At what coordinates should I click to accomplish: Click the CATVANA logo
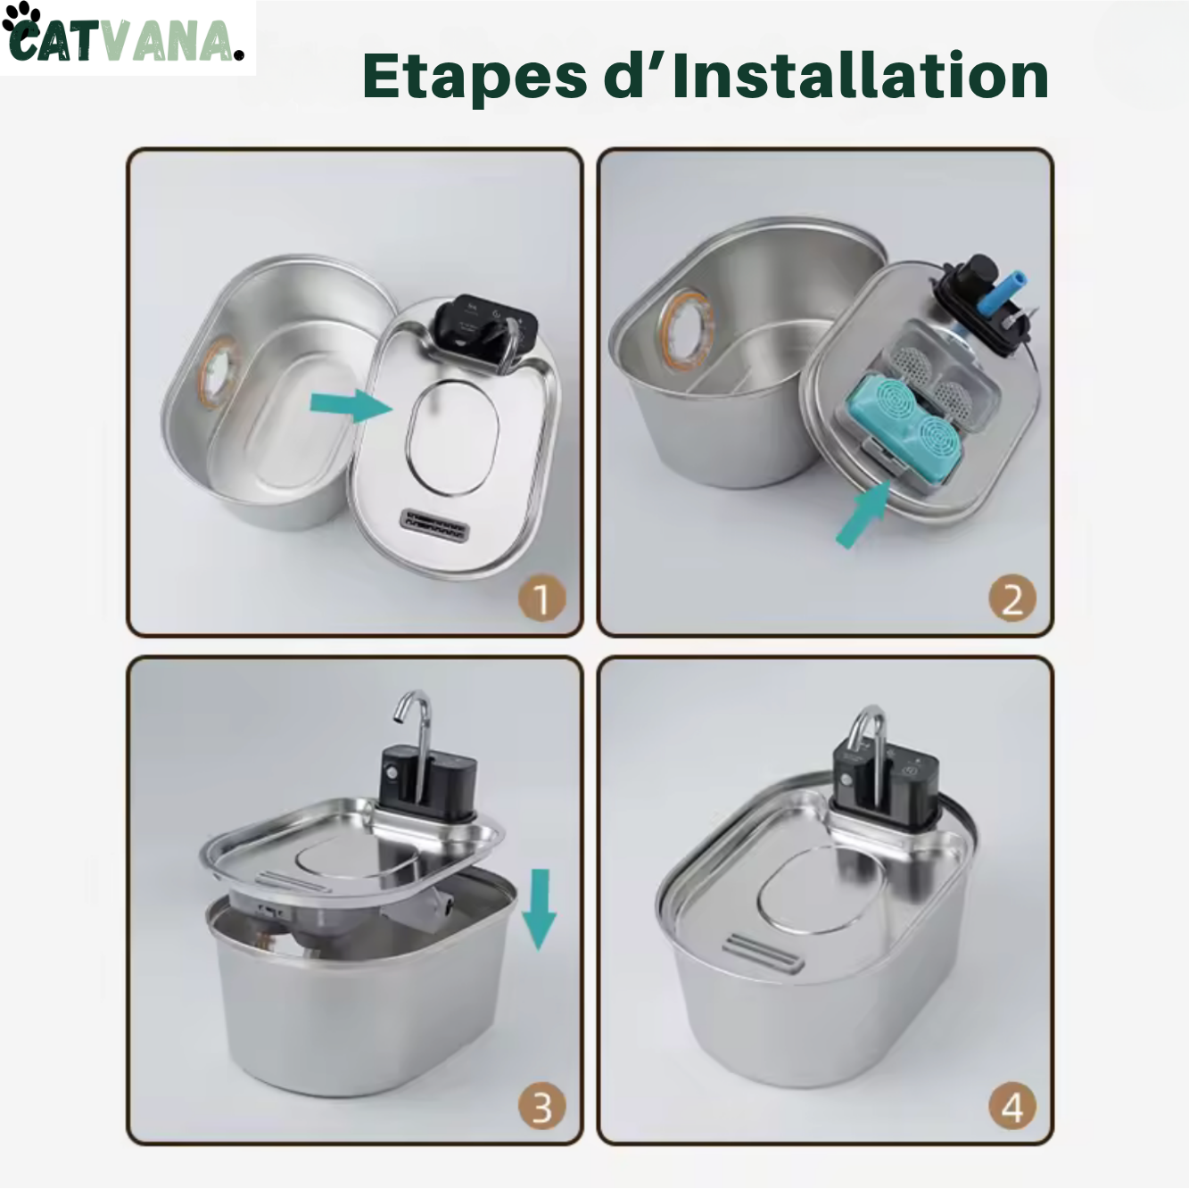(125, 38)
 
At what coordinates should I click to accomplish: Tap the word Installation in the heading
(860, 77)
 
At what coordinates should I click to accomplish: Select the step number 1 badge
(541, 599)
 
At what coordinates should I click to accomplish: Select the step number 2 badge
(1011, 599)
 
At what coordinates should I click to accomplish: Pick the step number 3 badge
(541, 1107)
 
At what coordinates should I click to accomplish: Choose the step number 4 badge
(1011, 1107)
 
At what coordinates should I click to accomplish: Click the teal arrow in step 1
(351, 405)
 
